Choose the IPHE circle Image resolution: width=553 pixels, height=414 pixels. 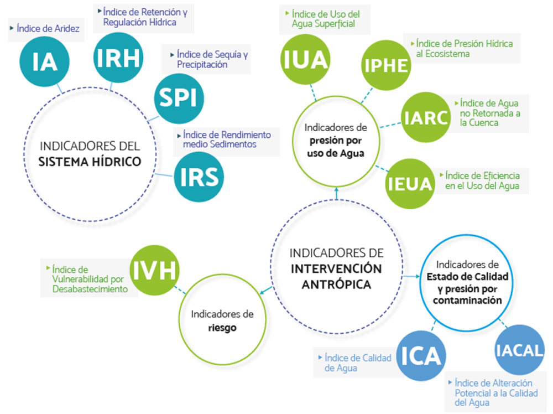(386, 66)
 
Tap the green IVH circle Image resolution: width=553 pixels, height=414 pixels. (154, 271)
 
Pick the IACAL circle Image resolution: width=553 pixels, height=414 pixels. (520, 350)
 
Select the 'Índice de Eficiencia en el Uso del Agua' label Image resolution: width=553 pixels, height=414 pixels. (482, 180)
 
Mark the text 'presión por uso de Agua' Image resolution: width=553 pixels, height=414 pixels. (336, 147)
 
